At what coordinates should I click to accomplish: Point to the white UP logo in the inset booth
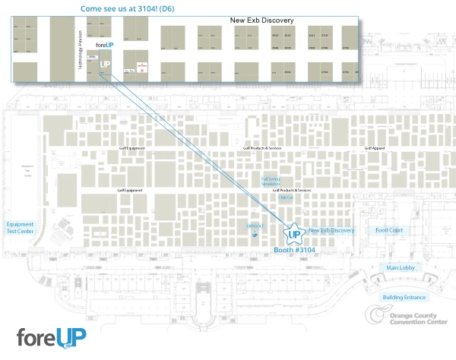pos(106,65)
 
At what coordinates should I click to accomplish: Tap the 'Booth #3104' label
pos(293,248)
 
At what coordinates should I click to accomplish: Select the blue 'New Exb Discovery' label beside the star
pos(331,230)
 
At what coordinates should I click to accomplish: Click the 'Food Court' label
pos(389,230)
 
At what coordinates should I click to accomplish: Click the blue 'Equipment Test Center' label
pos(21,228)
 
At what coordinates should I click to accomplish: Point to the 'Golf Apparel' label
pos(375,147)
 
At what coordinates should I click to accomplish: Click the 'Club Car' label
pos(286,197)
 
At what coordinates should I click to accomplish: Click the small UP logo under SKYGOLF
pos(255,235)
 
